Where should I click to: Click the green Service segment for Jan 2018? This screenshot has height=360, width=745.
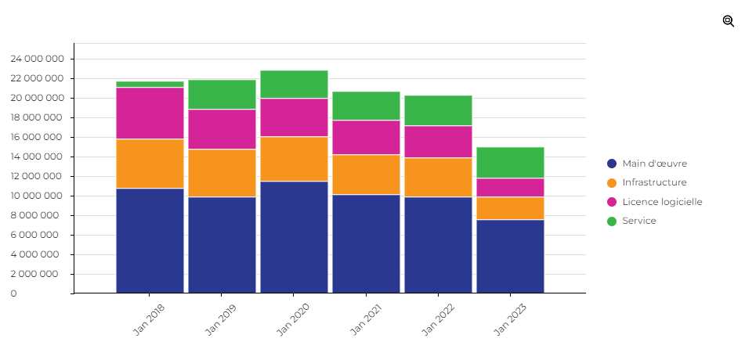pos(150,84)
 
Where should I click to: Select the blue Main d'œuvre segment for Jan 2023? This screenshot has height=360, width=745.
pos(510,256)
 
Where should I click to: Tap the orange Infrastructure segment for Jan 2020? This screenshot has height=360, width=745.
pos(294,159)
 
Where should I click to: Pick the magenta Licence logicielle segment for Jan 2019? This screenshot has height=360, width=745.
pos(222,129)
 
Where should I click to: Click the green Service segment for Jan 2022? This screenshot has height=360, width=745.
pos(438,110)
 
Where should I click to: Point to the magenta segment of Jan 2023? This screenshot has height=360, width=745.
pos(510,187)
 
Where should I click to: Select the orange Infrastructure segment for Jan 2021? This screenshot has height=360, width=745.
pos(366,175)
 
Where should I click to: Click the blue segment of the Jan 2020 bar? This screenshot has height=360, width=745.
pos(294,237)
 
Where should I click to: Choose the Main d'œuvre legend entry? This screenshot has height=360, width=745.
pos(654,164)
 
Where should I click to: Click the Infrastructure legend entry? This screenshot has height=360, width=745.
pos(654,182)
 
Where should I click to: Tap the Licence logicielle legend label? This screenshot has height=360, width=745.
pos(662,202)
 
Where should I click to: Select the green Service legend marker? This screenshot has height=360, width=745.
pos(612,221)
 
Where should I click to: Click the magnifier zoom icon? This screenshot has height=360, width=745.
pos(729,21)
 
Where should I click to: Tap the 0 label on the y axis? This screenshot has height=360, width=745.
pos(13,293)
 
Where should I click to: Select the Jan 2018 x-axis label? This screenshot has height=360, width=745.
pos(149,319)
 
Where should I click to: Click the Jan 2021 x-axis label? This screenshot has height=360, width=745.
pos(365,319)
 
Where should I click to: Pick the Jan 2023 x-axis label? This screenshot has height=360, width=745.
pos(509,319)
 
